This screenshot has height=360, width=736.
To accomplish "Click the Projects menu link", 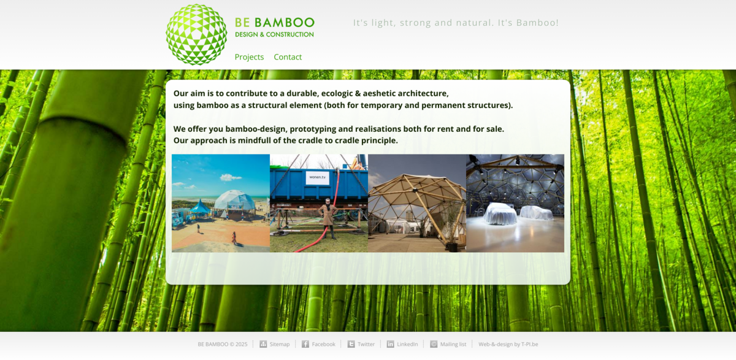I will tap(249, 57).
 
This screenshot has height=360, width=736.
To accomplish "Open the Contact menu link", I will tap(288, 57).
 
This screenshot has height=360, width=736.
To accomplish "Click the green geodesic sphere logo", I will tap(196, 34).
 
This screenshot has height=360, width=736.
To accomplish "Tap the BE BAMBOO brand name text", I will tap(274, 23).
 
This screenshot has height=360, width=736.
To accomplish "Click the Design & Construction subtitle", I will tap(274, 34).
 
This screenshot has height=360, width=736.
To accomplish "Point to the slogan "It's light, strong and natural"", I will tap(456, 23).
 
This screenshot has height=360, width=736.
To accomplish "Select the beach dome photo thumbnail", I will tap(221, 203).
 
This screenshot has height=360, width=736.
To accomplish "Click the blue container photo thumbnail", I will tap(319, 203).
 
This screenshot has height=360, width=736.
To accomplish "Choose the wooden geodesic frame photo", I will tap(417, 203).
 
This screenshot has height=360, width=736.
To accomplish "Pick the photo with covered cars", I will tap(515, 203).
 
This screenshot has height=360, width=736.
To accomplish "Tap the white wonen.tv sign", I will tap(318, 177).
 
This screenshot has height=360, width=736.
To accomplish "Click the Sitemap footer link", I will tap(279, 345).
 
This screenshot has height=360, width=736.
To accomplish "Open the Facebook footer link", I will tap(323, 345).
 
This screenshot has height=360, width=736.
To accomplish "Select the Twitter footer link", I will tap(366, 345).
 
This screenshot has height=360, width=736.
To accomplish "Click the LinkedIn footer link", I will tap(407, 345).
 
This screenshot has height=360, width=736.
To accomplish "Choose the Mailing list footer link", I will tap(453, 345).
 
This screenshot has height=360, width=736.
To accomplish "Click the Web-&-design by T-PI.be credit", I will tap(508, 345).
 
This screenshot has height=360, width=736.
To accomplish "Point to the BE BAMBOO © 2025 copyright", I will tap(223, 345).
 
